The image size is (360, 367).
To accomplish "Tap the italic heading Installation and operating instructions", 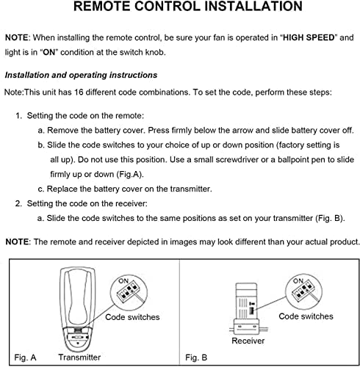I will [x=80, y=75].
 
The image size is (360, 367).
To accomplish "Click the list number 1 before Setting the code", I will [x=18, y=117].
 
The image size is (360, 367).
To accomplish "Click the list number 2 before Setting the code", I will [x=18, y=203].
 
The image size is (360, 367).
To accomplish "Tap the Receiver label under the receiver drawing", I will [x=248, y=341].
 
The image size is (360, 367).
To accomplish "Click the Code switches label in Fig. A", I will [x=132, y=317].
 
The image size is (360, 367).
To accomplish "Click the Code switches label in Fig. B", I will [x=306, y=316].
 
